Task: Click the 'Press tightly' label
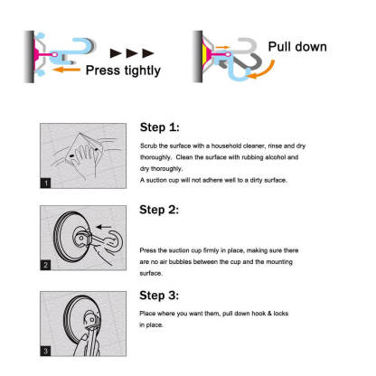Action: tap(123, 70)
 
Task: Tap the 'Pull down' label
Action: tap(297, 47)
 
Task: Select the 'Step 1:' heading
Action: tap(159, 127)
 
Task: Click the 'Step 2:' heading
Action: tap(159, 210)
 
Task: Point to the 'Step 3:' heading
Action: tap(159, 296)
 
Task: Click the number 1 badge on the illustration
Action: tap(46, 183)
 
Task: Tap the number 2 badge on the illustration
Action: tap(46, 265)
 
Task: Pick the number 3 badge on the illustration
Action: tap(46, 351)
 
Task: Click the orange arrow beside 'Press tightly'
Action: tap(67, 70)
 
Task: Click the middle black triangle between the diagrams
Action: tap(132, 53)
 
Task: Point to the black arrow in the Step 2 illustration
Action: tap(104, 227)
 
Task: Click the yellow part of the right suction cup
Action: tap(205, 54)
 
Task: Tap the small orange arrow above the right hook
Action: tap(223, 47)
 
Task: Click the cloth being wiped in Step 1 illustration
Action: tap(83, 148)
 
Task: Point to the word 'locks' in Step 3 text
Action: tap(281, 314)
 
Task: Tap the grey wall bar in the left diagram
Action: tap(30, 57)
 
